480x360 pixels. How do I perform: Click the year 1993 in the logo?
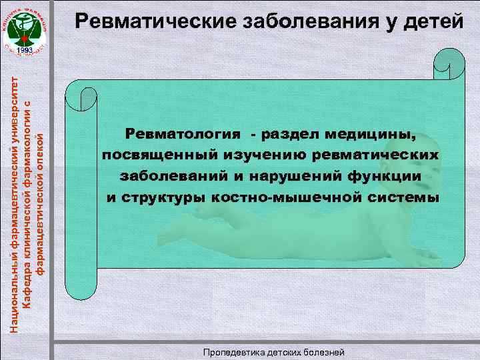pyautogui.click(x=26, y=51)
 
